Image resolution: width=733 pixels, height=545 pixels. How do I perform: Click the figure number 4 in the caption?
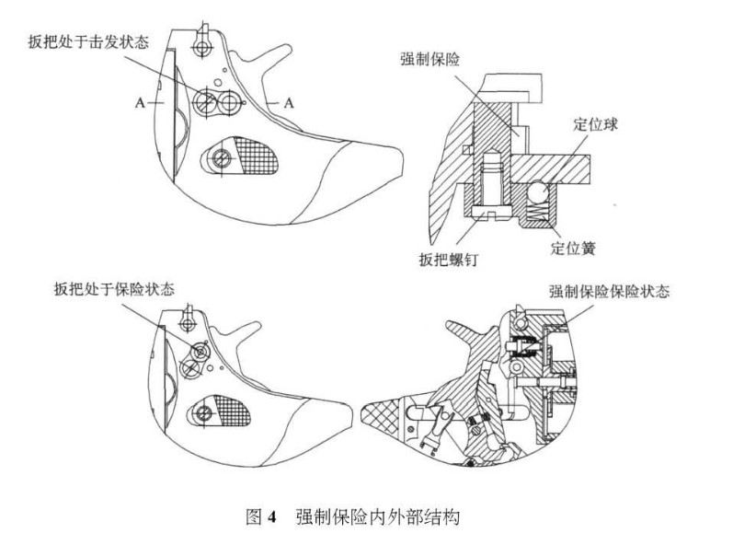click(272, 516)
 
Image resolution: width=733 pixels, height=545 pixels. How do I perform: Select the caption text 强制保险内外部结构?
click(376, 516)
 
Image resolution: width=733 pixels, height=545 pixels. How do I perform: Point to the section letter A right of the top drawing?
click(288, 104)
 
